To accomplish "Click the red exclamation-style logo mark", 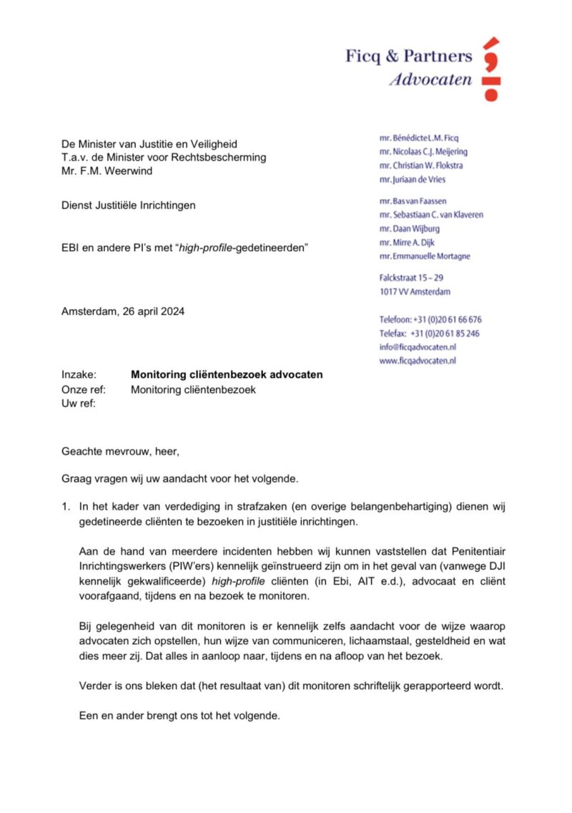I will click(490, 69).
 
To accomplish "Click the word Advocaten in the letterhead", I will click(430, 79).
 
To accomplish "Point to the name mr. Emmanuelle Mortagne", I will click(425, 256).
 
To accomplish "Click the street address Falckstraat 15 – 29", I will click(415, 278).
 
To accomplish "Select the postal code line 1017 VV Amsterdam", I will click(415, 292).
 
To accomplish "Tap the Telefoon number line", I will click(430, 319).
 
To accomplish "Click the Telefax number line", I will click(429, 334).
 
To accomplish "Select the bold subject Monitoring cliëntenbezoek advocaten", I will click(227, 374).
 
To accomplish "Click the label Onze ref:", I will click(84, 390).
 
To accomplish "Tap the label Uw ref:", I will click(79, 404).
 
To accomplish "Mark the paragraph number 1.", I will click(66, 507).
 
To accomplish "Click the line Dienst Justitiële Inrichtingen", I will click(128, 205).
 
